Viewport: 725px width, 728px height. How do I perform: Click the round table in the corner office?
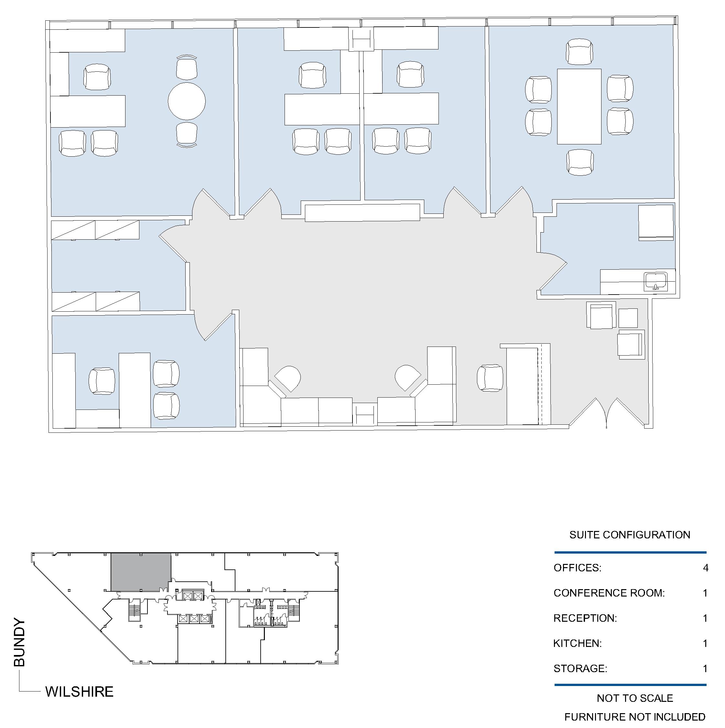pyautogui.click(x=187, y=101)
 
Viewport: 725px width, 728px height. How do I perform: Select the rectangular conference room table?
pyautogui.click(x=579, y=106)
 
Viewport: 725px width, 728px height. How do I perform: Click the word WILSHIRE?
pyautogui.click(x=79, y=692)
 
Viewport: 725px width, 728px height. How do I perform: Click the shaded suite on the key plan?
pyautogui.click(x=141, y=572)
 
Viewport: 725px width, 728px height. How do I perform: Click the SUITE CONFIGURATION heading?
pyautogui.click(x=630, y=535)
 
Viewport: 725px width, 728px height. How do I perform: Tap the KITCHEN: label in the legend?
pyautogui.click(x=577, y=643)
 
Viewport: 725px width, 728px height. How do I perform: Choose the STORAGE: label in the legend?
pyautogui.click(x=580, y=669)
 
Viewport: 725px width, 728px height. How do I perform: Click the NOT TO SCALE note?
pyautogui.click(x=635, y=698)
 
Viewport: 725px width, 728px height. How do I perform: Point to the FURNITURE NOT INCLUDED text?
pyautogui.click(x=635, y=717)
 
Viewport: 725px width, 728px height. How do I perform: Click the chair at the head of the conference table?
pyautogui.click(x=579, y=52)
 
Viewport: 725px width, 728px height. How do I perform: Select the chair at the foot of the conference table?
pyautogui.click(x=580, y=162)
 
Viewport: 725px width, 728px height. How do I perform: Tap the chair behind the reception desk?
pyautogui.click(x=490, y=378)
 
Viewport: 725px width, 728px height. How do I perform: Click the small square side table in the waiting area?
pyautogui.click(x=628, y=318)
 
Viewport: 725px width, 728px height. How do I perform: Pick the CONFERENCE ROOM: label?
pyautogui.click(x=609, y=593)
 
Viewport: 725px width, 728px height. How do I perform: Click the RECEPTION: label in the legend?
pyautogui.click(x=585, y=618)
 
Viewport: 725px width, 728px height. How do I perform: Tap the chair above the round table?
pyautogui.click(x=187, y=68)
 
